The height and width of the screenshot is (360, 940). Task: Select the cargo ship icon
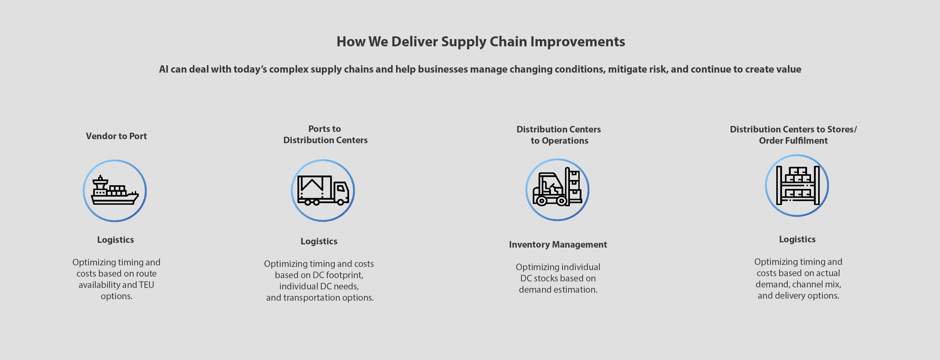114,191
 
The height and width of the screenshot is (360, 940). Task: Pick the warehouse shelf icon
797,185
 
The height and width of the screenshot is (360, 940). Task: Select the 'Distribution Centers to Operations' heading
559,135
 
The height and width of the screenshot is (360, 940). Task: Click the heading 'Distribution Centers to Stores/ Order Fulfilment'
793,135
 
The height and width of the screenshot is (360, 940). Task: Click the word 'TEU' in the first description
146,285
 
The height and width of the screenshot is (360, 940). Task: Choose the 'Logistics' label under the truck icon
319,241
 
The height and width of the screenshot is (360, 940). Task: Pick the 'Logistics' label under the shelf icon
797,240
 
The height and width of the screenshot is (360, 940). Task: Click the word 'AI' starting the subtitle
164,69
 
